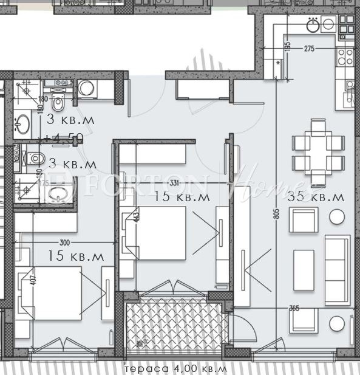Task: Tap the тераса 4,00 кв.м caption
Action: coord(175,369)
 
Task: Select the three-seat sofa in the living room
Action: coord(336,269)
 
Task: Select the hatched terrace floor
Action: coord(176,329)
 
